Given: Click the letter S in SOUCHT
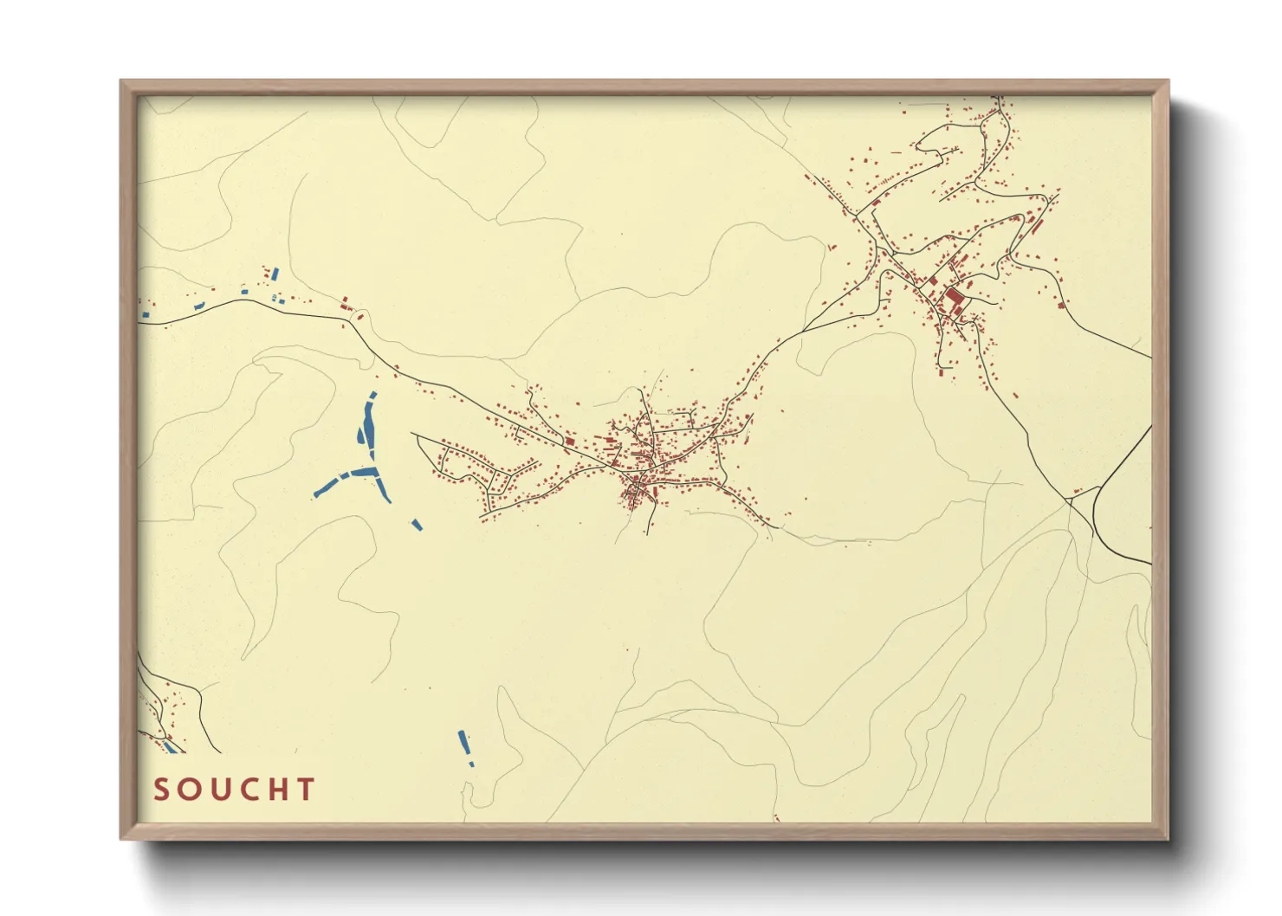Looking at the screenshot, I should [161, 790].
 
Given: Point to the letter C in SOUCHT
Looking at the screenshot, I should [249, 790].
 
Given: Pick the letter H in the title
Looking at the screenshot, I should [277, 790].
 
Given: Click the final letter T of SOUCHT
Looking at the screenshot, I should [305, 790].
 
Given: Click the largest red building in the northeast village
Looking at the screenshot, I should [954, 300].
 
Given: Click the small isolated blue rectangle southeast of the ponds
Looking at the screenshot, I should [417, 524].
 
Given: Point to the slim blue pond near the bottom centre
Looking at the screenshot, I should [463, 742].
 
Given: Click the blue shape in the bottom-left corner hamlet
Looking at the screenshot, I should [170, 745].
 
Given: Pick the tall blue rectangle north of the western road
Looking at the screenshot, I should [275, 274].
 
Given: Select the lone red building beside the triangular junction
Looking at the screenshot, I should [1077, 492].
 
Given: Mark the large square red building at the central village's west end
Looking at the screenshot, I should [569, 442].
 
